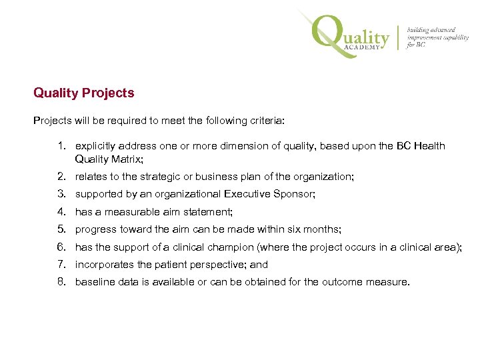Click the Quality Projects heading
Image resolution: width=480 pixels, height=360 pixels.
[x=84, y=93]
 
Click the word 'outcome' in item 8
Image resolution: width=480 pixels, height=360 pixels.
[x=342, y=281]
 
